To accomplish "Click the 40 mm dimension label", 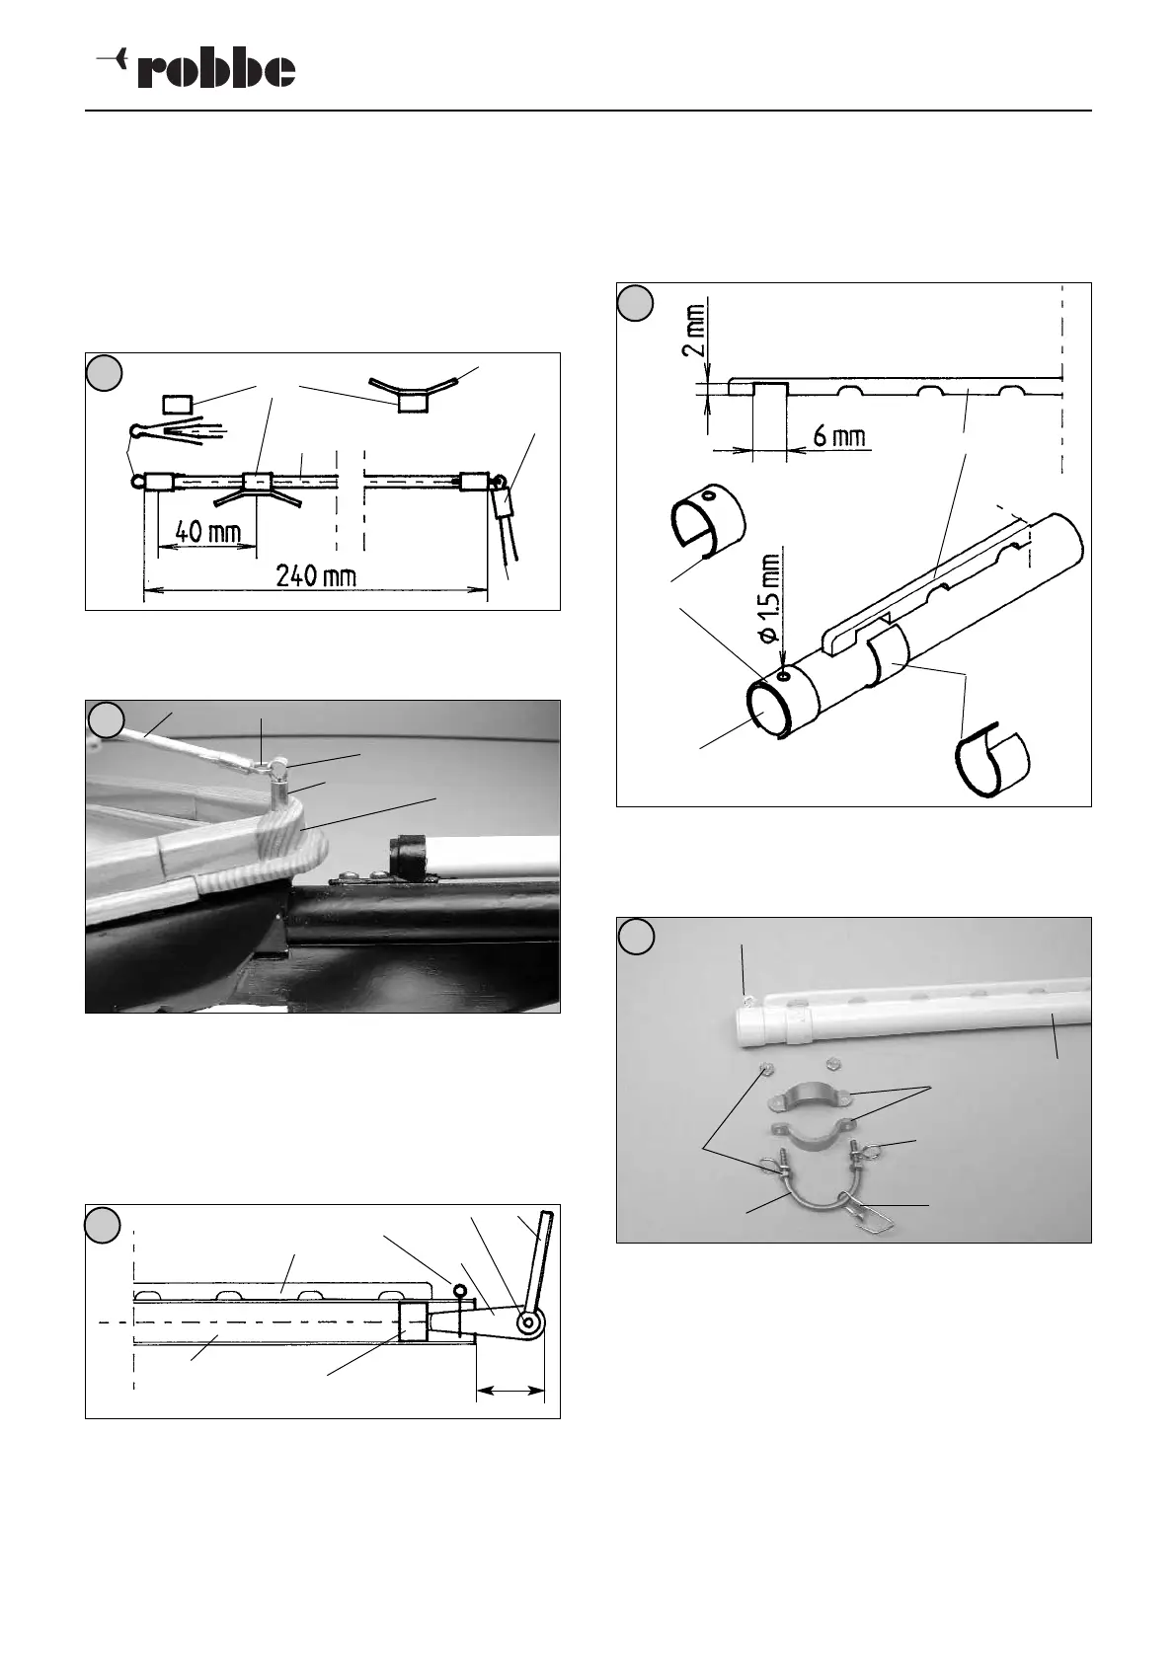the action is (208, 532).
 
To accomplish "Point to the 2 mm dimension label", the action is (695, 333).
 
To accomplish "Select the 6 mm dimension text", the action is (840, 436).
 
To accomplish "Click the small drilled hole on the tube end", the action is (782, 677).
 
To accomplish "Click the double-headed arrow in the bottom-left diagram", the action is (509, 1392).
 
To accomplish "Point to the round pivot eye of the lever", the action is (530, 1322).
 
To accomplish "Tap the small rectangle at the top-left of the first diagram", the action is (179, 403).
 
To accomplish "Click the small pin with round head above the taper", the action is (459, 1290).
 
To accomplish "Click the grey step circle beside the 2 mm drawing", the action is (636, 302).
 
